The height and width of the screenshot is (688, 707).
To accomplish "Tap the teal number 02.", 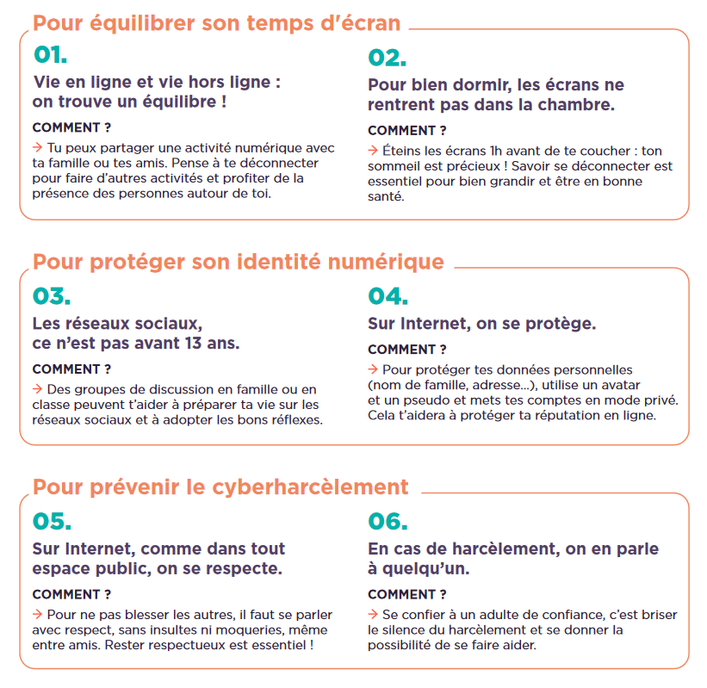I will click(x=387, y=58).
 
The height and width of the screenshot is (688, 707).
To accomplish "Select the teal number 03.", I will click(x=50, y=296).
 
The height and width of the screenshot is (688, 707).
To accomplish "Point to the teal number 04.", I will click(x=388, y=296).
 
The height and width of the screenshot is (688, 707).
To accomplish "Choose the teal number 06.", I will click(x=388, y=521).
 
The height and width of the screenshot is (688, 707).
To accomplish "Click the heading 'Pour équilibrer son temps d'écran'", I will click(x=216, y=23).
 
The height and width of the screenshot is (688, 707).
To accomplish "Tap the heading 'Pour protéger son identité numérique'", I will click(x=238, y=262).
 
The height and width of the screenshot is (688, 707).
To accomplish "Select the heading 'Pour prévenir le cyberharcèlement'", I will click(x=220, y=487).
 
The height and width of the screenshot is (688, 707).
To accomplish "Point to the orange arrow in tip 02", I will click(x=373, y=151).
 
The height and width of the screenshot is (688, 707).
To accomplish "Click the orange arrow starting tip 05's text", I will click(x=37, y=614).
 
